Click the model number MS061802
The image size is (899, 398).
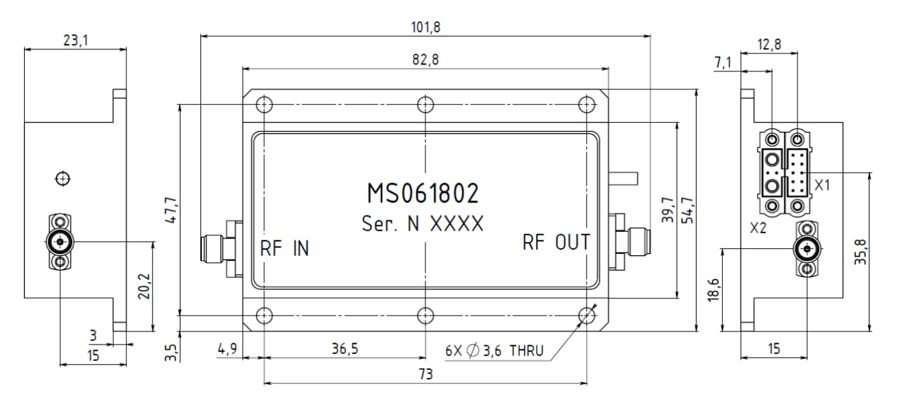tap(423, 194)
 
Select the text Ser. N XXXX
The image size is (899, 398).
tap(423, 224)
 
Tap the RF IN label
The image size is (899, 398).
tap(284, 248)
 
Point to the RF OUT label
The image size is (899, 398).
tap(556, 242)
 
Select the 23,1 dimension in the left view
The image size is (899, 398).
tap(75, 40)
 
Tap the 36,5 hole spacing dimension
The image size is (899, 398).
tap(345, 349)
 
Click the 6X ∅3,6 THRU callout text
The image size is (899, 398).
tap(494, 351)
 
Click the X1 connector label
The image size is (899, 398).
tap(823, 185)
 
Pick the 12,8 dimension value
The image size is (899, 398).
tap(768, 44)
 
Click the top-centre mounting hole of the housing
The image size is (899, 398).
tap(426, 104)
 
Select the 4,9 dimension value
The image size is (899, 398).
tap(228, 349)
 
